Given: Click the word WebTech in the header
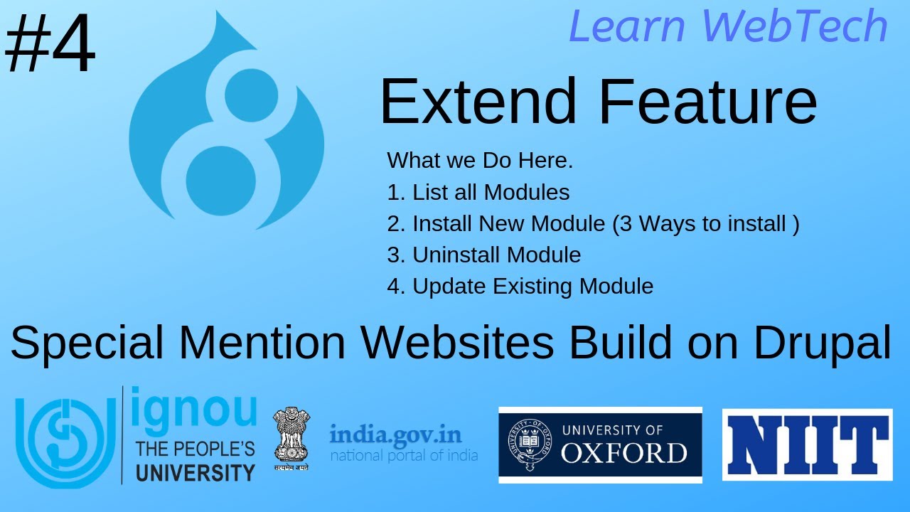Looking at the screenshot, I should click(x=795, y=27).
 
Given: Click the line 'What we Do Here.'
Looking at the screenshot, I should click(x=480, y=161).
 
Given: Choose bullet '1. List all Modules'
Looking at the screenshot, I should click(x=478, y=192).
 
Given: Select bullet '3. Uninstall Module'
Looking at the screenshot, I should click(x=484, y=255).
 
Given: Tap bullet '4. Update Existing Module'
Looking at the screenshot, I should click(x=520, y=286).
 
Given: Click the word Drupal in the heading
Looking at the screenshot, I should click(x=822, y=343).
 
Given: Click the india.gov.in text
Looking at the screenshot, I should click(x=395, y=434).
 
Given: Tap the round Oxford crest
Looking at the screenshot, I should click(x=529, y=445).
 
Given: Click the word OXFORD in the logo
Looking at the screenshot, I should click(x=623, y=452).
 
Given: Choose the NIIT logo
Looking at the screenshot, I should click(x=807, y=444).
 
